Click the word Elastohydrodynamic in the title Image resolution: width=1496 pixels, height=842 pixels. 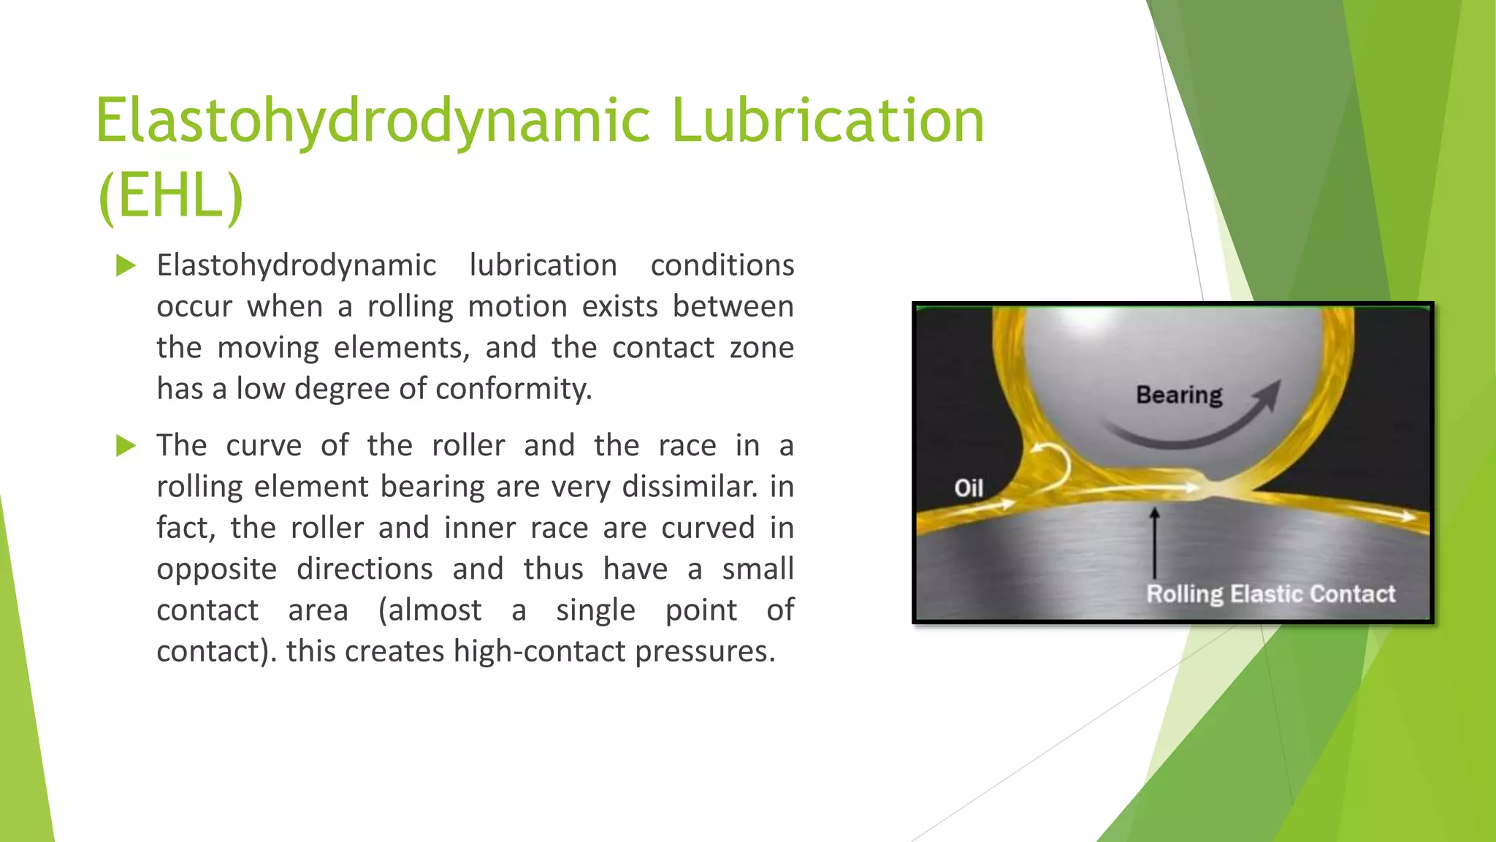coord(373,121)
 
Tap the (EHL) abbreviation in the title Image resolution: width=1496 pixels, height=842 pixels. coord(170,196)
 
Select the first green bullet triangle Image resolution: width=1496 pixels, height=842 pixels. coord(126,265)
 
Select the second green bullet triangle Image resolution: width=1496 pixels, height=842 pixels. coord(126,445)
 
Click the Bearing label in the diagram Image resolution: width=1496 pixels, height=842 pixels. coord(1178,395)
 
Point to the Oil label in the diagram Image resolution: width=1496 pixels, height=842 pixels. coord(969,488)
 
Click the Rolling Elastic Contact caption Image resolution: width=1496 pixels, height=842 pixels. coord(1270,593)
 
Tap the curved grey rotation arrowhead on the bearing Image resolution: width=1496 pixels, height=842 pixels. coord(1269,395)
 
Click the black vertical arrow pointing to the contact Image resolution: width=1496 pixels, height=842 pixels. coord(1154,545)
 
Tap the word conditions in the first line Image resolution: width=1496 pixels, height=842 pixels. coord(722,265)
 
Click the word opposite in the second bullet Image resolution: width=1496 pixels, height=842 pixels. coord(216,569)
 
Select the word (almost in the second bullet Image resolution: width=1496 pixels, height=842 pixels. coord(430,610)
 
